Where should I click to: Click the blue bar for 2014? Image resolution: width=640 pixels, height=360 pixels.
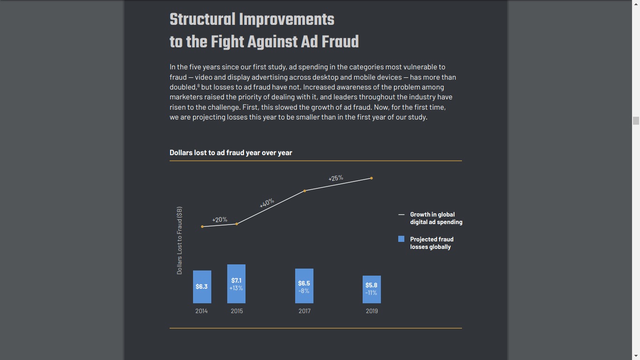[202, 286]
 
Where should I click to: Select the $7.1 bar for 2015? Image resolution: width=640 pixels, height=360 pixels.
[236, 284]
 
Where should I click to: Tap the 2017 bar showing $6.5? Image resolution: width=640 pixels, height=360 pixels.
[304, 286]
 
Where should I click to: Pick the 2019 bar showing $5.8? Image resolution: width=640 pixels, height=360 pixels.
[372, 289]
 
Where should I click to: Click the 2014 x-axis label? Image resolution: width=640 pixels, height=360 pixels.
[201, 311]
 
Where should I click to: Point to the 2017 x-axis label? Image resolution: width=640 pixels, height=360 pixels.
[304, 311]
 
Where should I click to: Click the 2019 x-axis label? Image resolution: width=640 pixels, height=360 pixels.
[372, 311]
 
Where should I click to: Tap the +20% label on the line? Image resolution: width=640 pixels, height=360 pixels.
[220, 219]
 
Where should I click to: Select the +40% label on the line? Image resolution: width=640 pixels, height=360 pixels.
[267, 203]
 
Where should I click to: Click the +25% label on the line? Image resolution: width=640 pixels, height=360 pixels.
[335, 178]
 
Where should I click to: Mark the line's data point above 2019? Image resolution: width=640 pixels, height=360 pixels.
[372, 178]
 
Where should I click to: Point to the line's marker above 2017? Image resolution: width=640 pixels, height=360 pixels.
[305, 191]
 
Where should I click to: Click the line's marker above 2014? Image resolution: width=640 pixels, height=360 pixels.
[202, 226]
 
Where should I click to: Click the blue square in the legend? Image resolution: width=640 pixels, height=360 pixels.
[401, 239]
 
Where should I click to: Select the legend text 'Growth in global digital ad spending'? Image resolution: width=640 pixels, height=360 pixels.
[436, 218]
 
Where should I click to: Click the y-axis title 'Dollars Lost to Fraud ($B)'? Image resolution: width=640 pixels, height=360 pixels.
[179, 240]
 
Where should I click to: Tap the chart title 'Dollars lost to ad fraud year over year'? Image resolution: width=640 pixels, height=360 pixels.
[231, 152]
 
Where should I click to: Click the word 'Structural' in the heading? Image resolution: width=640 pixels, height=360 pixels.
[202, 20]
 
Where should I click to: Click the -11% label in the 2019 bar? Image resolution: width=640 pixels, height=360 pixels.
[371, 293]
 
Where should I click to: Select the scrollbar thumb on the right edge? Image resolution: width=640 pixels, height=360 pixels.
[636, 120]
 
